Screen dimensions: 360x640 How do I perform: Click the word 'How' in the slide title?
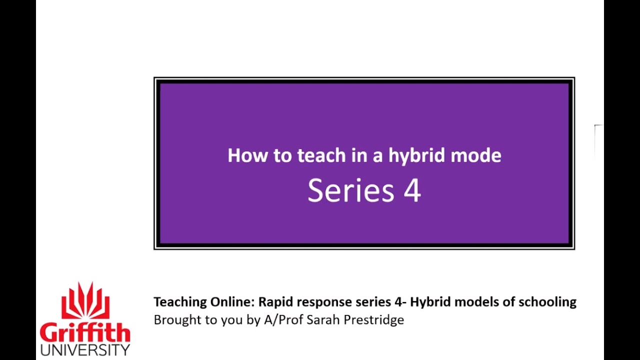[247, 155]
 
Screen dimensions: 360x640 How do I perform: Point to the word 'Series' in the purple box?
[350, 190]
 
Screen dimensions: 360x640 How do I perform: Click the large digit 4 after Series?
[412, 190]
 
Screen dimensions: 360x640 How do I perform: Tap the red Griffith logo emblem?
[85, 301]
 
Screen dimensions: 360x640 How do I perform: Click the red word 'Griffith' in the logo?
[85, 332]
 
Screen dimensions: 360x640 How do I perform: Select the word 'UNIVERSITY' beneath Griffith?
[85, 349]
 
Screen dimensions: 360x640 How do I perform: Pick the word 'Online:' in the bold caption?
[232, 302]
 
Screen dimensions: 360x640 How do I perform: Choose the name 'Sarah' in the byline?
[318, 320]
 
